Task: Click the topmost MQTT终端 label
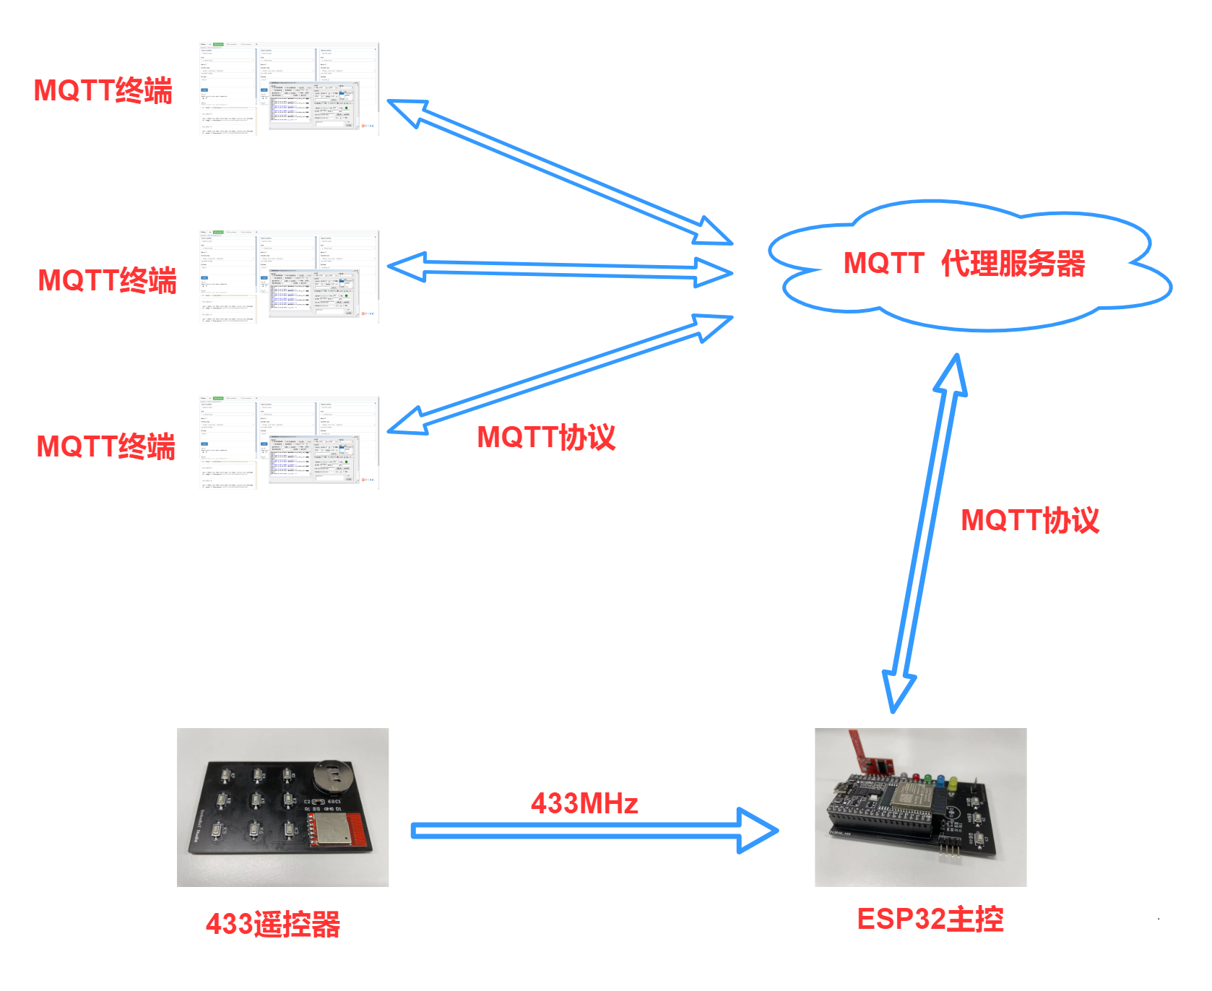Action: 103,91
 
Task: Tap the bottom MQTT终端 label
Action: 106,446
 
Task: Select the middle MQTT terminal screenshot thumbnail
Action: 289,276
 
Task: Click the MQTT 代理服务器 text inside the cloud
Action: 964,264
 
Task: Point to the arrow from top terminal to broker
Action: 560,171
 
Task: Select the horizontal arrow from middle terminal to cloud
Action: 560,269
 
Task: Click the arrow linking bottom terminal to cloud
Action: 560,374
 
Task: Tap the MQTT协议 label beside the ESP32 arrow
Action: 1030,520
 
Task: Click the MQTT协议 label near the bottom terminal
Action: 546,437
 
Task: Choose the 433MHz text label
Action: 584,803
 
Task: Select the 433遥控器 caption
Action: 273,924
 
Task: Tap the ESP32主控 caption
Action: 930,919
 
